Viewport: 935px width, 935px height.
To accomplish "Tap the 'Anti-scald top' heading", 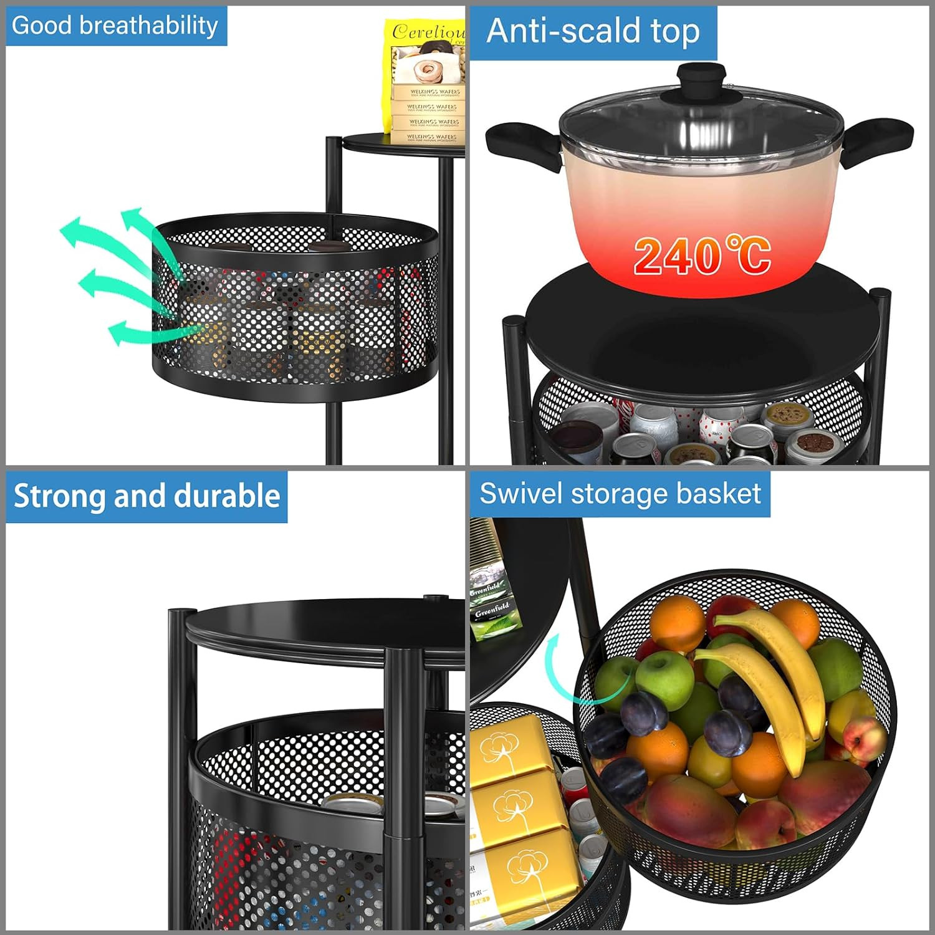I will coord(593,31).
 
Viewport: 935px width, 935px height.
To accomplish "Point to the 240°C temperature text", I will coord(702,256).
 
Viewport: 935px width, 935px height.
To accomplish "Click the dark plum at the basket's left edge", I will coord(605,736).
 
